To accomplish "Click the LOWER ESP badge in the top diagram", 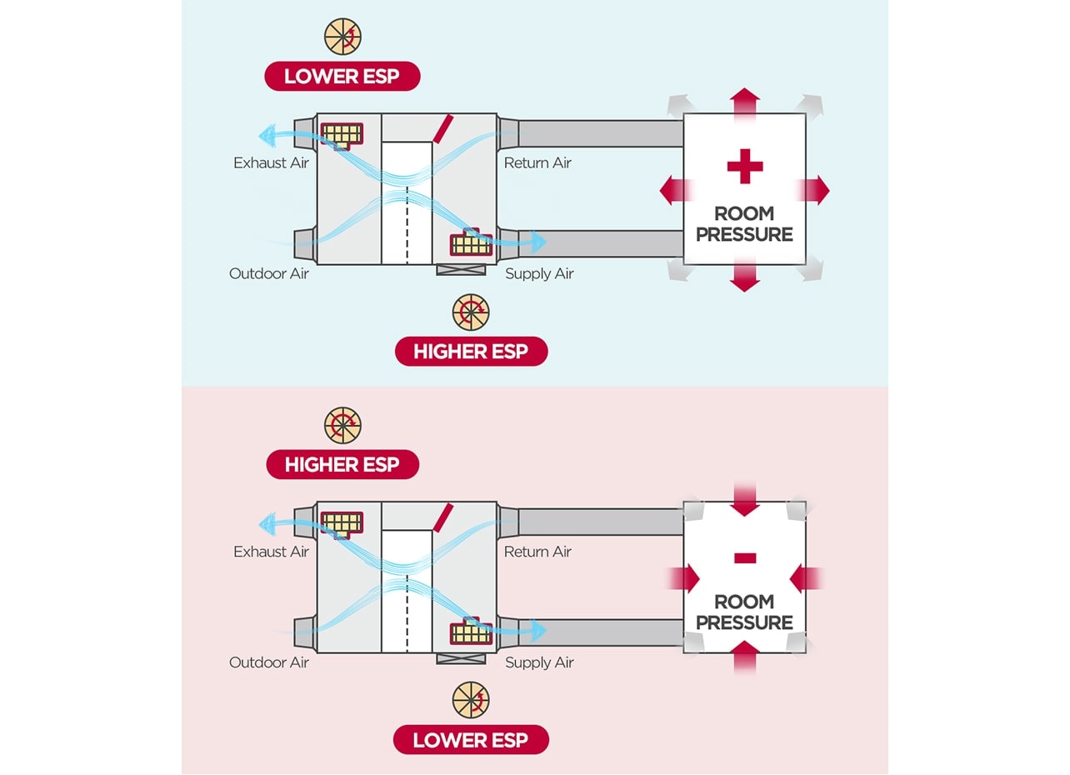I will click(342, 76).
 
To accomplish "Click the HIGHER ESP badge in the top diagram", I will click(471, 351).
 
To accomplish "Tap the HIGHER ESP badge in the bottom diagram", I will click(342, 464).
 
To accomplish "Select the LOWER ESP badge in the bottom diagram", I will click(471, 739).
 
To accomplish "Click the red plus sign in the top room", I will click(744, 167).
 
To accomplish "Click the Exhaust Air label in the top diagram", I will click(271, 162).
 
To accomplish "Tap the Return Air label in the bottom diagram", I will click(537, 552).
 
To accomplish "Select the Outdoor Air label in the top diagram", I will click(268, 273).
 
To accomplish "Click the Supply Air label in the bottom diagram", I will click(539, 662).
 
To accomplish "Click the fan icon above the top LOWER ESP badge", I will click(342, 37).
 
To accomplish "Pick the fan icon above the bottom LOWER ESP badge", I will click(471, 701).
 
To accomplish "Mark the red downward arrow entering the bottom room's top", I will click(744, 499).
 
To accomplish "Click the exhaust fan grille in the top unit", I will click(342, 132).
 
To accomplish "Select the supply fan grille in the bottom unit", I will click(471, 633).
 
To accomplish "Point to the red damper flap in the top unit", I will click(442, 129).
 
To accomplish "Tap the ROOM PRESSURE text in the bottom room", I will click(744, 612).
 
